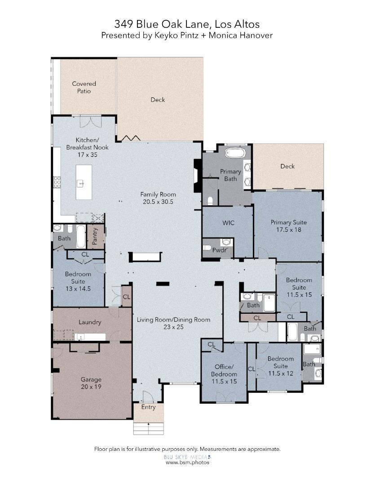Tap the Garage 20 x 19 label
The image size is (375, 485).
[x=91, y=383]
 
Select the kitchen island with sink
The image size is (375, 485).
[x=84, y=182]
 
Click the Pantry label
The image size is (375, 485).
[x=95, y=236]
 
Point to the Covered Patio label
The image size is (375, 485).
[x=84, y=87]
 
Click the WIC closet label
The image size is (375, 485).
[x=228, y=223]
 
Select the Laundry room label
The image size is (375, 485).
[x=90, y=322]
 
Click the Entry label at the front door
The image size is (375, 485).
[x=148, y=407]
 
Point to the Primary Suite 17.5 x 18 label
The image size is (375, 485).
[x=289, y=226]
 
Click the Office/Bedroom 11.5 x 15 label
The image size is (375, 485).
[x=224, y=374]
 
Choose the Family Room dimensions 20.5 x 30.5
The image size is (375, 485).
[x=158, y=202]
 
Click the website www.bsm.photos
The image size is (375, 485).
[x=187, y=463]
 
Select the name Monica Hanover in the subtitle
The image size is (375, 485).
[x=240, y=35]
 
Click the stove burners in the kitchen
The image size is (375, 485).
[x=57, y=182]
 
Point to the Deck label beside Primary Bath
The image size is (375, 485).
[x=287, y=166]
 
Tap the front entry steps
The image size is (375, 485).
[x=149, y=428]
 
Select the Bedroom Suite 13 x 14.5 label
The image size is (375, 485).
[x=78, y=281]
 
